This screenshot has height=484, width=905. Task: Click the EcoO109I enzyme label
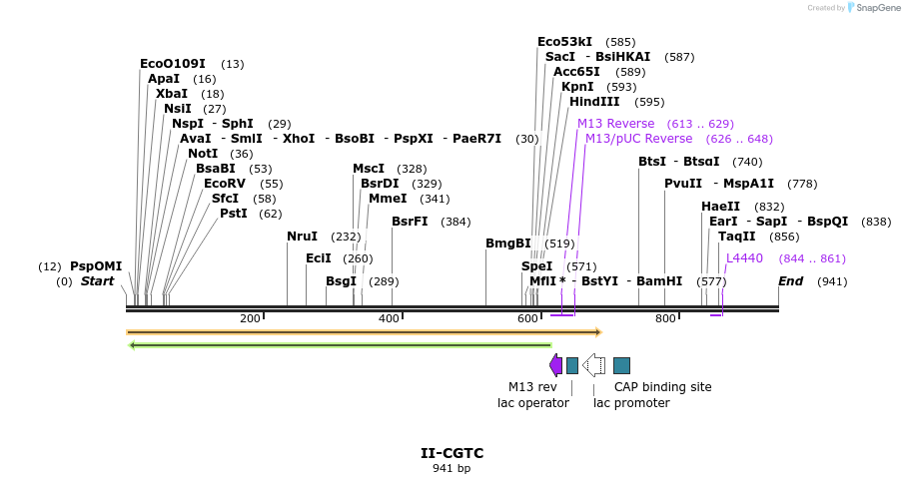[173, 64]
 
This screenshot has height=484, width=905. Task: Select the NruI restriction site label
[302, 237]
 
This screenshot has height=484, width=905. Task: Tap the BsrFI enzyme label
[410, 222]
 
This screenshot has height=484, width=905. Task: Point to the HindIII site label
[594, 102]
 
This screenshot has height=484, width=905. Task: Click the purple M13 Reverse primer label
[615, 124]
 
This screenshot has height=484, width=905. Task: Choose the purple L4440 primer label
[744, 258]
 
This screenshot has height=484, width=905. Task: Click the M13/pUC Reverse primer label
[638, 139]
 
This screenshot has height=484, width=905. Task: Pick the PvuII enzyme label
[683, 184]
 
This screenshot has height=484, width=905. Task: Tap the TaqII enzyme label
[737, 237]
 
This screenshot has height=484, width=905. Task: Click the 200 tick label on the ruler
[250, 318]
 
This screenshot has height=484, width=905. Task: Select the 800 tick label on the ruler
[665, 318]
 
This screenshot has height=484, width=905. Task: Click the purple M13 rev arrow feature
[555, 365]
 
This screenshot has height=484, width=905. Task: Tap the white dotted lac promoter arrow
[593, 365]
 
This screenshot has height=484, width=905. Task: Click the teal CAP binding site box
[621, 365]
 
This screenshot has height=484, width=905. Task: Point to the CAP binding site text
[662, 387]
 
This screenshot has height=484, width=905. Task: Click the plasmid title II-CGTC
[452, 453]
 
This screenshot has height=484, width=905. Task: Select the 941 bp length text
[452, 468]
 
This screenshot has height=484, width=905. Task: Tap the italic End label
[790, 281]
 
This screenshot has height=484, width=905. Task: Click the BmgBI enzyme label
[507, 243]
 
